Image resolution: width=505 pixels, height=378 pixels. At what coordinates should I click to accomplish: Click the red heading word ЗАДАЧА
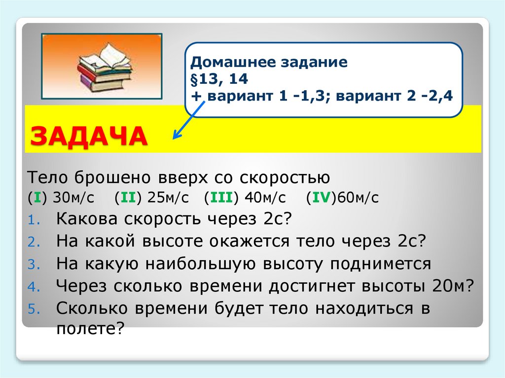point(89,137)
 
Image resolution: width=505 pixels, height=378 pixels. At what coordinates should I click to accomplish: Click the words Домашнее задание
point(270,63)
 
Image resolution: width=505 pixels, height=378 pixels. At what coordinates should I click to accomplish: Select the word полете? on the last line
point(89,328)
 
